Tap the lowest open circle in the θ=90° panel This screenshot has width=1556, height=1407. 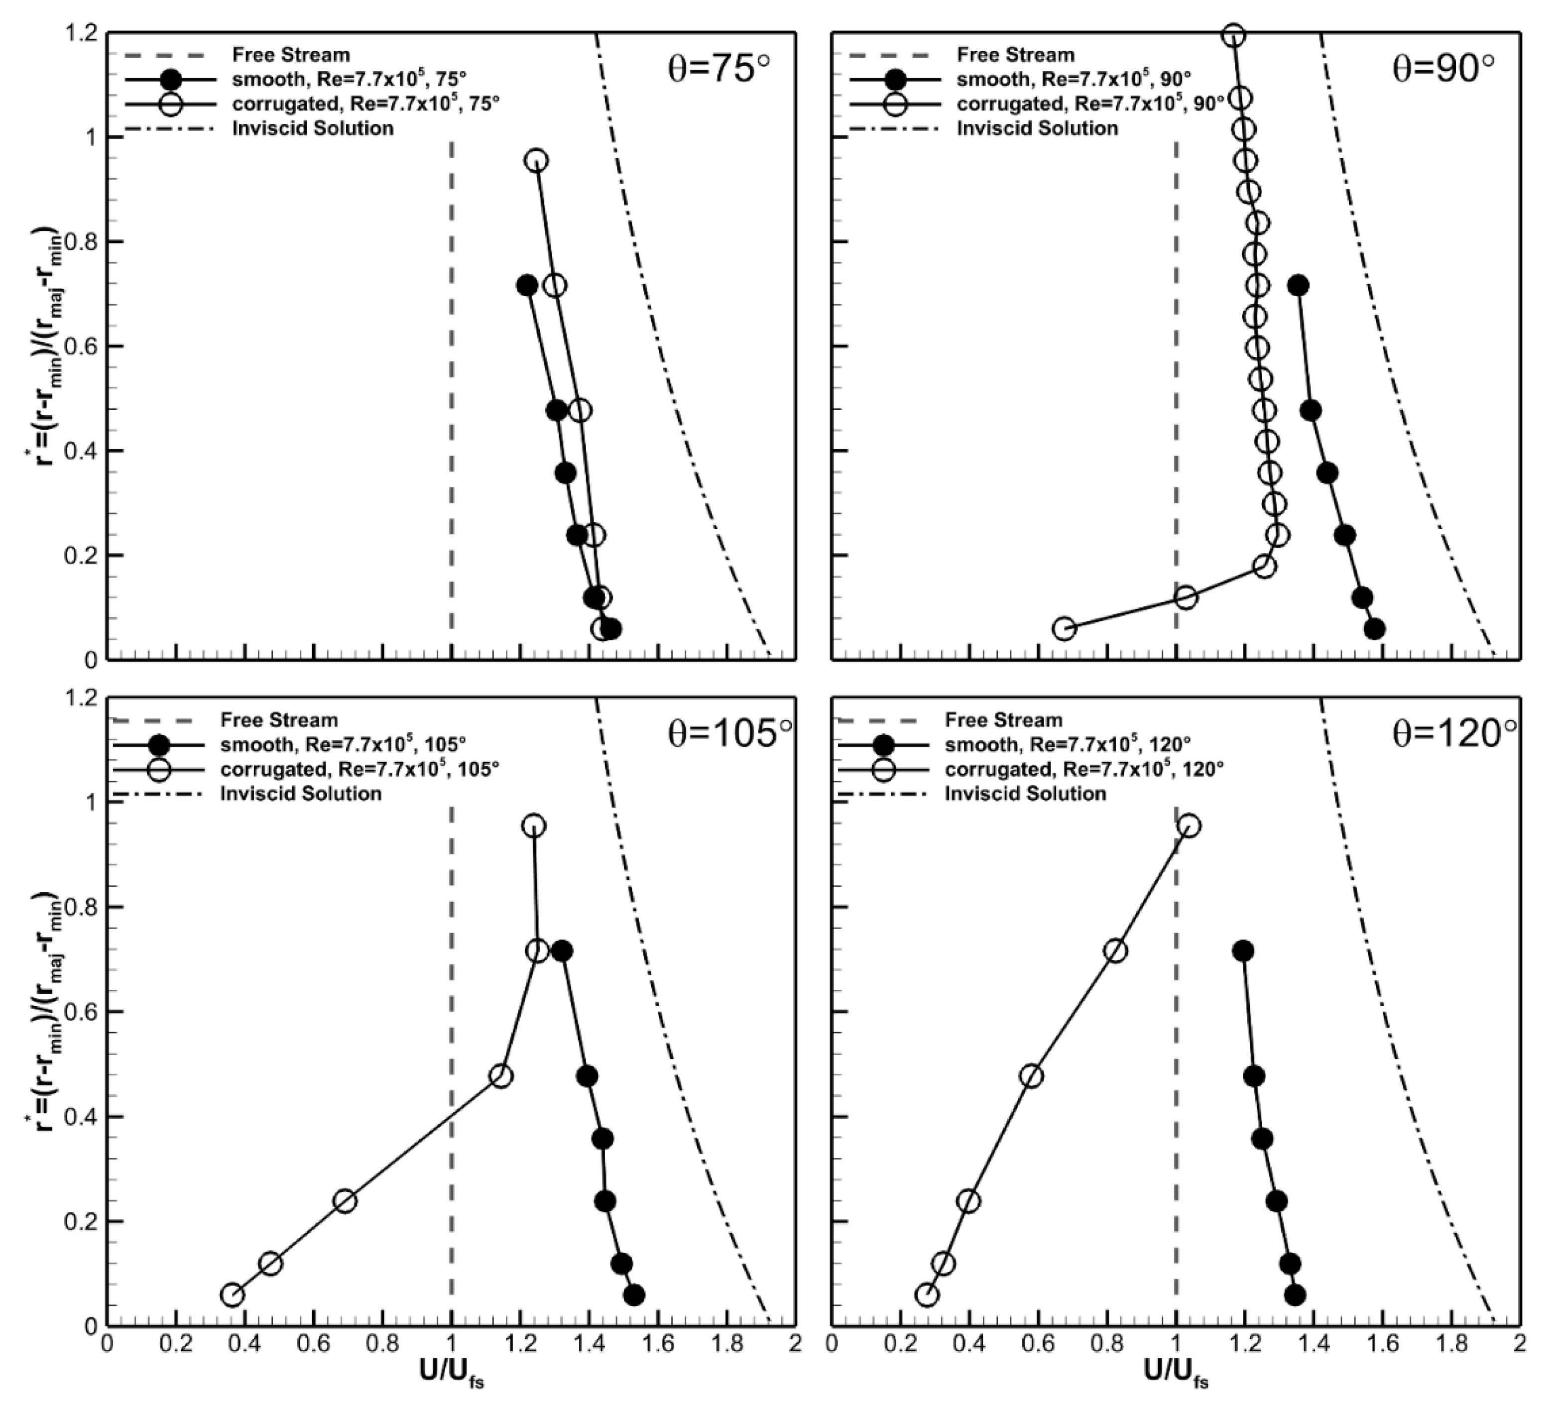click(x=1065, y=628)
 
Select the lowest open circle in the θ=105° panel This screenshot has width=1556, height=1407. click(x=233, y=1294)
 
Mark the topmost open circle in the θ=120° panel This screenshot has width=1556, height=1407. click(x=1190, y=826)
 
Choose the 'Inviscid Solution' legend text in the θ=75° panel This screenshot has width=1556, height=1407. click(x=313, y=128)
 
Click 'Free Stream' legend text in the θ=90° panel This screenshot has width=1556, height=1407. click(x=1016, y=55)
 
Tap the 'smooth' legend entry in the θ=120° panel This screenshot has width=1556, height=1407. click(x=1068, y=745)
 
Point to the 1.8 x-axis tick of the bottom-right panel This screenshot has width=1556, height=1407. click(x=1451, y=1344)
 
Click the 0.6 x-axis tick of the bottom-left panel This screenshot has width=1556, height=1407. click(x=314, y=1344)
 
